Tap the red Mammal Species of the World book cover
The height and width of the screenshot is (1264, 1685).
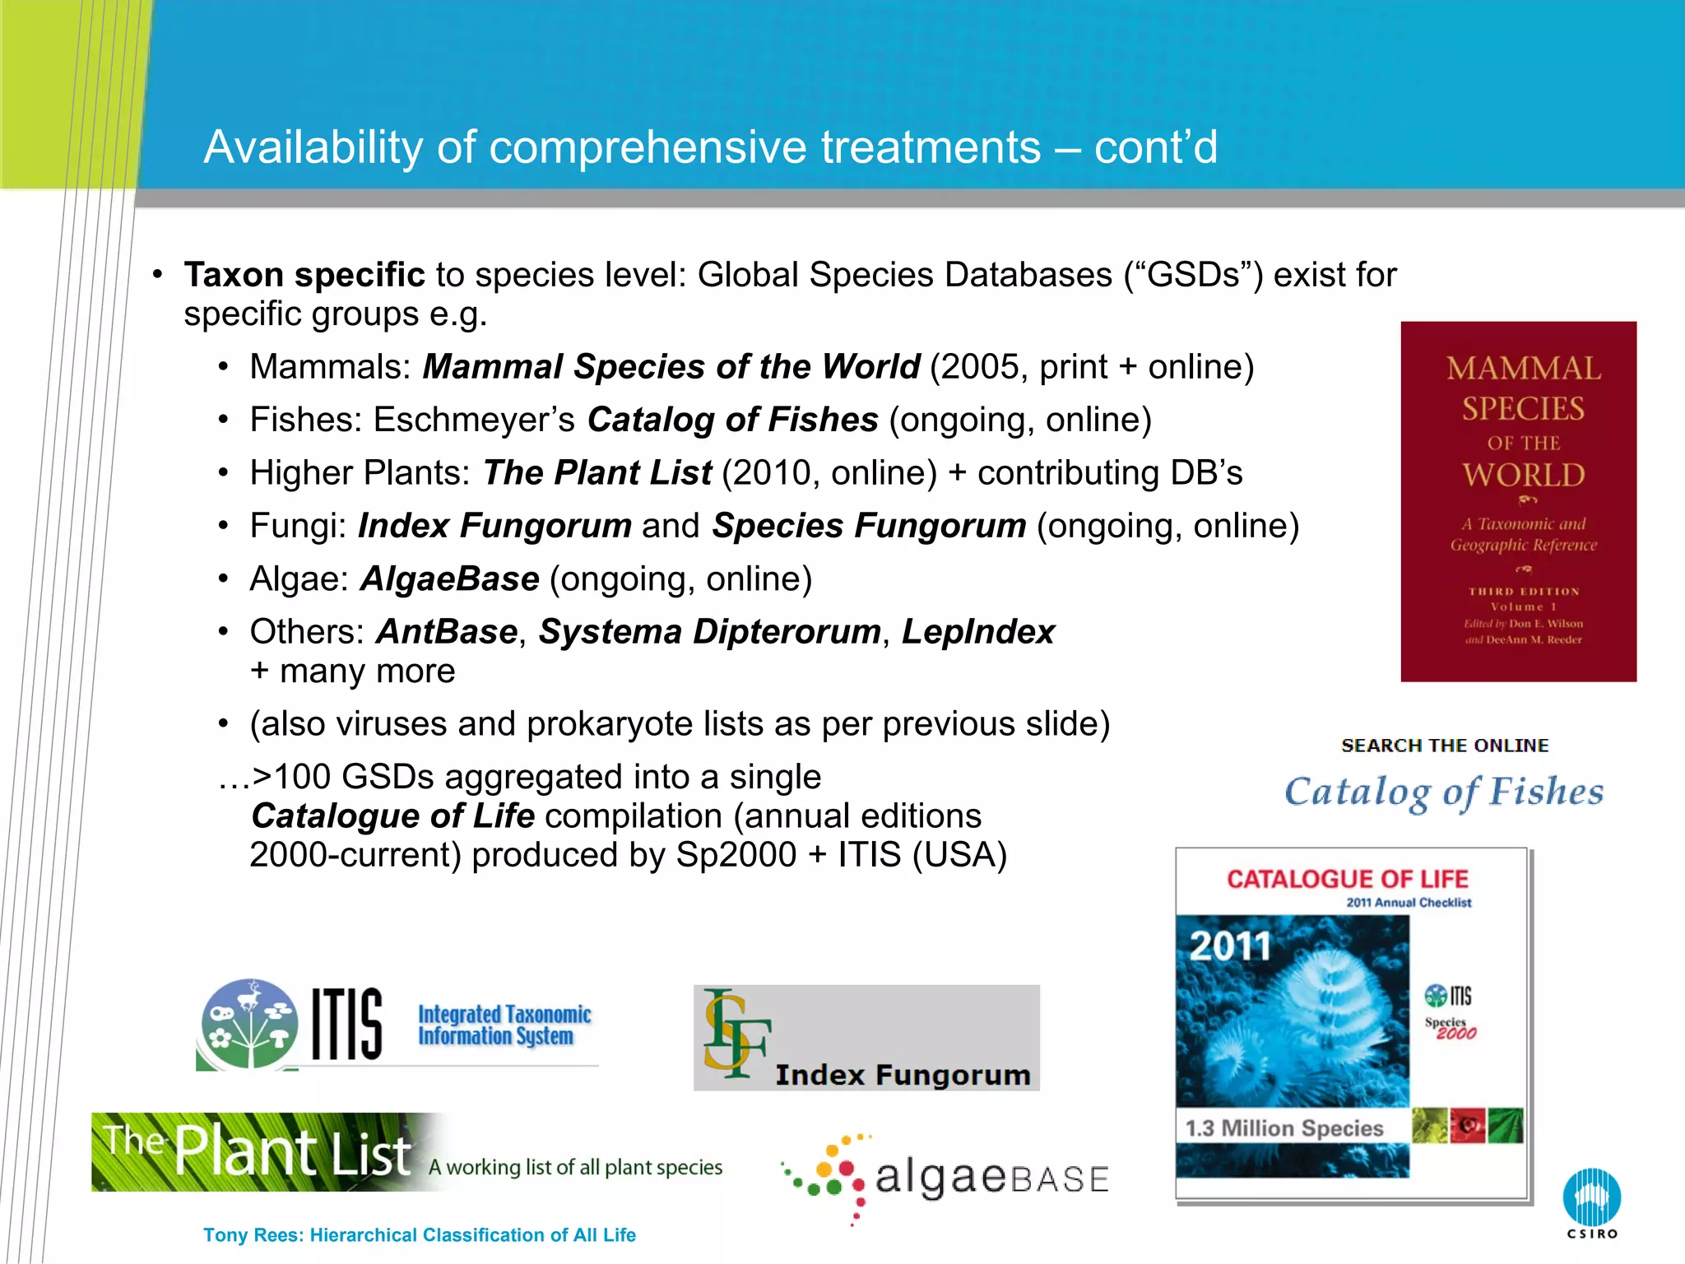coord(1518,501)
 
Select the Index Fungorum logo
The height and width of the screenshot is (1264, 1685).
coord(866,1038)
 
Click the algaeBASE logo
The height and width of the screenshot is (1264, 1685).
coord(946,1178)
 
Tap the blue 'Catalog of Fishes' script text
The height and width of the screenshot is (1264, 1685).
coord(1444,792)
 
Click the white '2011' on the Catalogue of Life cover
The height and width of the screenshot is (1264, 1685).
coord(1230,946)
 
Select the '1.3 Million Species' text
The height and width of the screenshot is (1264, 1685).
coord(1283,1128)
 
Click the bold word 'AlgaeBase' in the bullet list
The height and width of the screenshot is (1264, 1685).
coord(449,579)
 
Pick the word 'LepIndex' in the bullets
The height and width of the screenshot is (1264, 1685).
coord(977,632)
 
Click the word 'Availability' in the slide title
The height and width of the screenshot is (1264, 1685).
coord(313,147)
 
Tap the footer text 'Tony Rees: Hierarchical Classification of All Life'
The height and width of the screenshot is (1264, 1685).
coord(420,1234)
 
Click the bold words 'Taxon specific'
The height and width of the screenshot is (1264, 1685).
coord(304,275)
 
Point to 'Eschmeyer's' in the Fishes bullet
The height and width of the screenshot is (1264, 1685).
coord(474,420)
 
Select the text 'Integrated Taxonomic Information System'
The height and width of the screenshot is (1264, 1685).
coord(504,1025)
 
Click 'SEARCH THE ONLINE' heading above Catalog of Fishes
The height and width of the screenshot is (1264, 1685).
coord(1445,746)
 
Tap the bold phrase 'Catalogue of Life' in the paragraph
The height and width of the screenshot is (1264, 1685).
coord(393,816)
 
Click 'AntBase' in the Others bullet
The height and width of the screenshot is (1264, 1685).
coord(447,632)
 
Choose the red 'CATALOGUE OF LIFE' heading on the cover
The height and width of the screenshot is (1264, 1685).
coord(1347,879)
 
